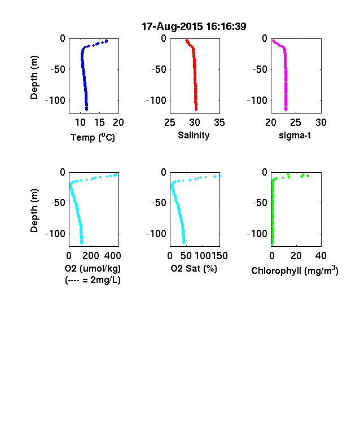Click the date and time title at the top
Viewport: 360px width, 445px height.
pyautogui.click(x=194, y=27)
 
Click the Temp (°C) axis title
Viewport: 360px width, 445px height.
pyautogui.click(x=93, y=137)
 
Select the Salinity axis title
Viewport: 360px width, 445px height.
pyautogui.click(x=194, y=136)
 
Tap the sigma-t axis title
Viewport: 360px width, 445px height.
pyautogui.click(x=295, y=136)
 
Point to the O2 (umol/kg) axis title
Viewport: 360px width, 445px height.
pyautogui.click(x=93, y=268)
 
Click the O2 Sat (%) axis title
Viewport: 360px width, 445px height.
pyautogui.click(x=194, y=268)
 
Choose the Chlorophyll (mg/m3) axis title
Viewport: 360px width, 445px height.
pyautogui.click(x=295, y=271)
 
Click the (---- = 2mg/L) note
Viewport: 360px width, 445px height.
pyautogui.click(x=93, y=280)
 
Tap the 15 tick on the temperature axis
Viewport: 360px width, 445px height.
pyautogui.click(x=99, y=123)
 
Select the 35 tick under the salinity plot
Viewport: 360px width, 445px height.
pyautogui.click(x=219, y=123)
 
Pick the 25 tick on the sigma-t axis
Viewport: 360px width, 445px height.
pyautogui.click(x=295, y=123)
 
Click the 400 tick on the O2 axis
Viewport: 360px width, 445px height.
pyautogui.click(x=112, y=256)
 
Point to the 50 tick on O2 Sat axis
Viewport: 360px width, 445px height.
pyautogui.click(x=186, y=256)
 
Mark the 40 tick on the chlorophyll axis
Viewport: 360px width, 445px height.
pyautogui.click(x=321, y=256)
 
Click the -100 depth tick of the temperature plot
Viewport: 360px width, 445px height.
pyautogui.click(x=55, y=101)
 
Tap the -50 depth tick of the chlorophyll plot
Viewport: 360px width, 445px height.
pyautogui.click(x=260, y=203)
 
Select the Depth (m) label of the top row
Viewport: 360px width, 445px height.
pyautogui.click(x=34, y=77)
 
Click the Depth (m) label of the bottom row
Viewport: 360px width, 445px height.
pyautogui.click(x=34, y=211)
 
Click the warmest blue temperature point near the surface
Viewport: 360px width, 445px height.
pyautogui.click(x=107, y=41)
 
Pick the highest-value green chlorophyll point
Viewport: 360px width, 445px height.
pyautogui.click(x=308, y=176)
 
